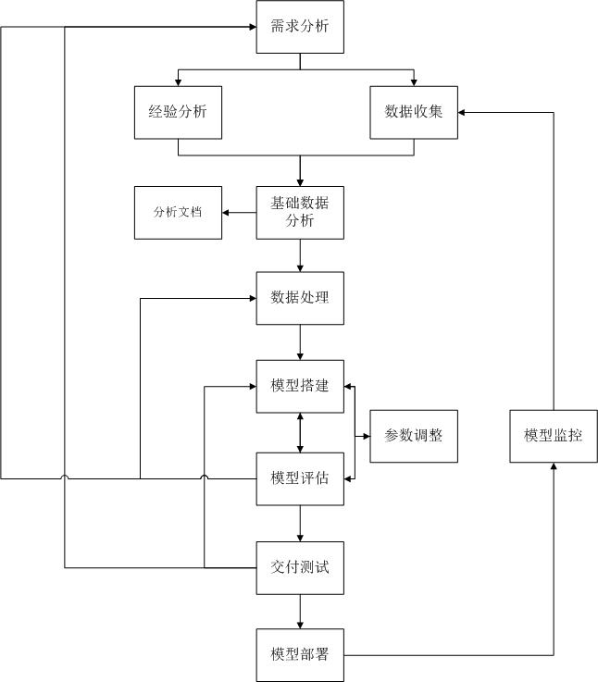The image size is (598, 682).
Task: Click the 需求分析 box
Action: (x=300, y=26)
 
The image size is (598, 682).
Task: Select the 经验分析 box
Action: (x=178, y=112)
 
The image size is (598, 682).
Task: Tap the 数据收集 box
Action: (x=414, y=112)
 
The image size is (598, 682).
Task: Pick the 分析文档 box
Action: (x=178, y=212)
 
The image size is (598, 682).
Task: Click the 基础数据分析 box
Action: (x=300, y=212)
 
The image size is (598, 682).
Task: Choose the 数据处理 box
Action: (x=300, y=298)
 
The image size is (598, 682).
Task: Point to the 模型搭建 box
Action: (x=300, y=386)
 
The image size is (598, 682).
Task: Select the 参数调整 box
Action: (x=414, y=433)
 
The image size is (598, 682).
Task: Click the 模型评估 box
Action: (x=300, y=477)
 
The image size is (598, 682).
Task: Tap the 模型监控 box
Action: (x=554, y=433)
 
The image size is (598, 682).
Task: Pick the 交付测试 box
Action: (x=300, y=567)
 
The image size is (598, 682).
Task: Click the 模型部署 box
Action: (x=300, y=655)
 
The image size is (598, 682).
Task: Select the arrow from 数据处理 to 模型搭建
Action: (x=300, y=342)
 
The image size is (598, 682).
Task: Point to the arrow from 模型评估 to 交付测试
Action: (x=300, y=523)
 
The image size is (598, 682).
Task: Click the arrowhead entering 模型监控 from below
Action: (x=554, y=467)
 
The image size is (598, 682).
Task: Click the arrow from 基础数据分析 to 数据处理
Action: (x=300, y=255)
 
